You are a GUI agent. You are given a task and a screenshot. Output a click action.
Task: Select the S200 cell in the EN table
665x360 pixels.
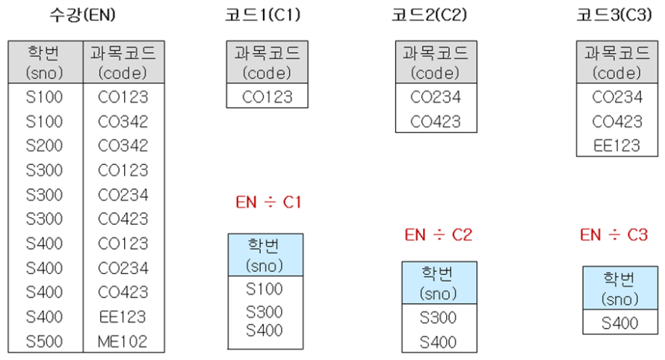pos(44,146)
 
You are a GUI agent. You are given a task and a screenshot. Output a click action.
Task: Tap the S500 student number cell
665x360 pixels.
pos(44,341)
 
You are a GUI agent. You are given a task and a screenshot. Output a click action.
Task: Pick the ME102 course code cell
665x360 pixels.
pos(123,341)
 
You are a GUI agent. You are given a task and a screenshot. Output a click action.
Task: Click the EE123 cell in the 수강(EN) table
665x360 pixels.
pos(123,317)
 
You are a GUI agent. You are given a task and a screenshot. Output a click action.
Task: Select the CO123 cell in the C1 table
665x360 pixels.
pos(267,96)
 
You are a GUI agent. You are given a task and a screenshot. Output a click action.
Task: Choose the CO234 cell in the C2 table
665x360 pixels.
pos(436,96)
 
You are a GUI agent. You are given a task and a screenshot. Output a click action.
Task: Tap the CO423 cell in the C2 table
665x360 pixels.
pos(436,120)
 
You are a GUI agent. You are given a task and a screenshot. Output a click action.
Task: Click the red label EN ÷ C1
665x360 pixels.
pos(267,202)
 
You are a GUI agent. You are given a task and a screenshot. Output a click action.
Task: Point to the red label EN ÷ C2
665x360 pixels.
pos(439,235)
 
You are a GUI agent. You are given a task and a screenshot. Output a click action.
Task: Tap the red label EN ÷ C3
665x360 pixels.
pos(614,235)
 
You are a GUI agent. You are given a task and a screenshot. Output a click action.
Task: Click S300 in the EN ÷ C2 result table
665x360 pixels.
pos(439,317)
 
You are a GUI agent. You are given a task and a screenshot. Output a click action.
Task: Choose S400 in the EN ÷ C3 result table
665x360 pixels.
pos(620,323)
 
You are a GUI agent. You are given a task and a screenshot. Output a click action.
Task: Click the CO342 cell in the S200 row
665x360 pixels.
pos(123,146)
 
